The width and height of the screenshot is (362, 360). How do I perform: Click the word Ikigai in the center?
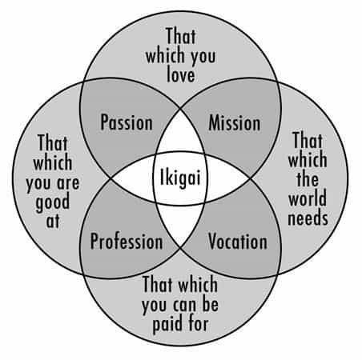pyautogui.click(x=180, y=178)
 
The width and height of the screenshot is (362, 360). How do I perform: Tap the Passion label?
pyautogui.click(x=127, y=122)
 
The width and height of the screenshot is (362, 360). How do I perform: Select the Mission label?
pyautogui.click(x=235, y=123)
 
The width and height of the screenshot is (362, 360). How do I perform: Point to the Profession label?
pyautogui.click(x=127, y=242)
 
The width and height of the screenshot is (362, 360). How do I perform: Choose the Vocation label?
pyautogui.click(x=238, y=242)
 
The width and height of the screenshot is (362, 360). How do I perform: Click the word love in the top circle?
pyautogui.click(x=181, y=75)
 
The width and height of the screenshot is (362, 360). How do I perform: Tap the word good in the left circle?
pyautogui.click(x=53, y=202)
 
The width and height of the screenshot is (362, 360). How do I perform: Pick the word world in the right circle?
pyautogui.click(x=308, y=198)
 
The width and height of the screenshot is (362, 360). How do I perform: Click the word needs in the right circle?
pyautogui.click(x=308, y=218)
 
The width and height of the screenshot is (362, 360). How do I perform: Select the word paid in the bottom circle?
pyautogui.click(x=167, y=325)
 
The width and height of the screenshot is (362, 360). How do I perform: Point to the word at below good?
pyautogui.click(x=53, y=221)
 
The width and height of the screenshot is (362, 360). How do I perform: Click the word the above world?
pyautogui.click(x=308, y=178)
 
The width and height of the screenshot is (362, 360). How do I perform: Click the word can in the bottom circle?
pyautogui.click(x=186, y=306)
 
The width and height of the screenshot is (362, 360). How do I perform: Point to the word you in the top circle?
pyautogui.click(x=203, y=58)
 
